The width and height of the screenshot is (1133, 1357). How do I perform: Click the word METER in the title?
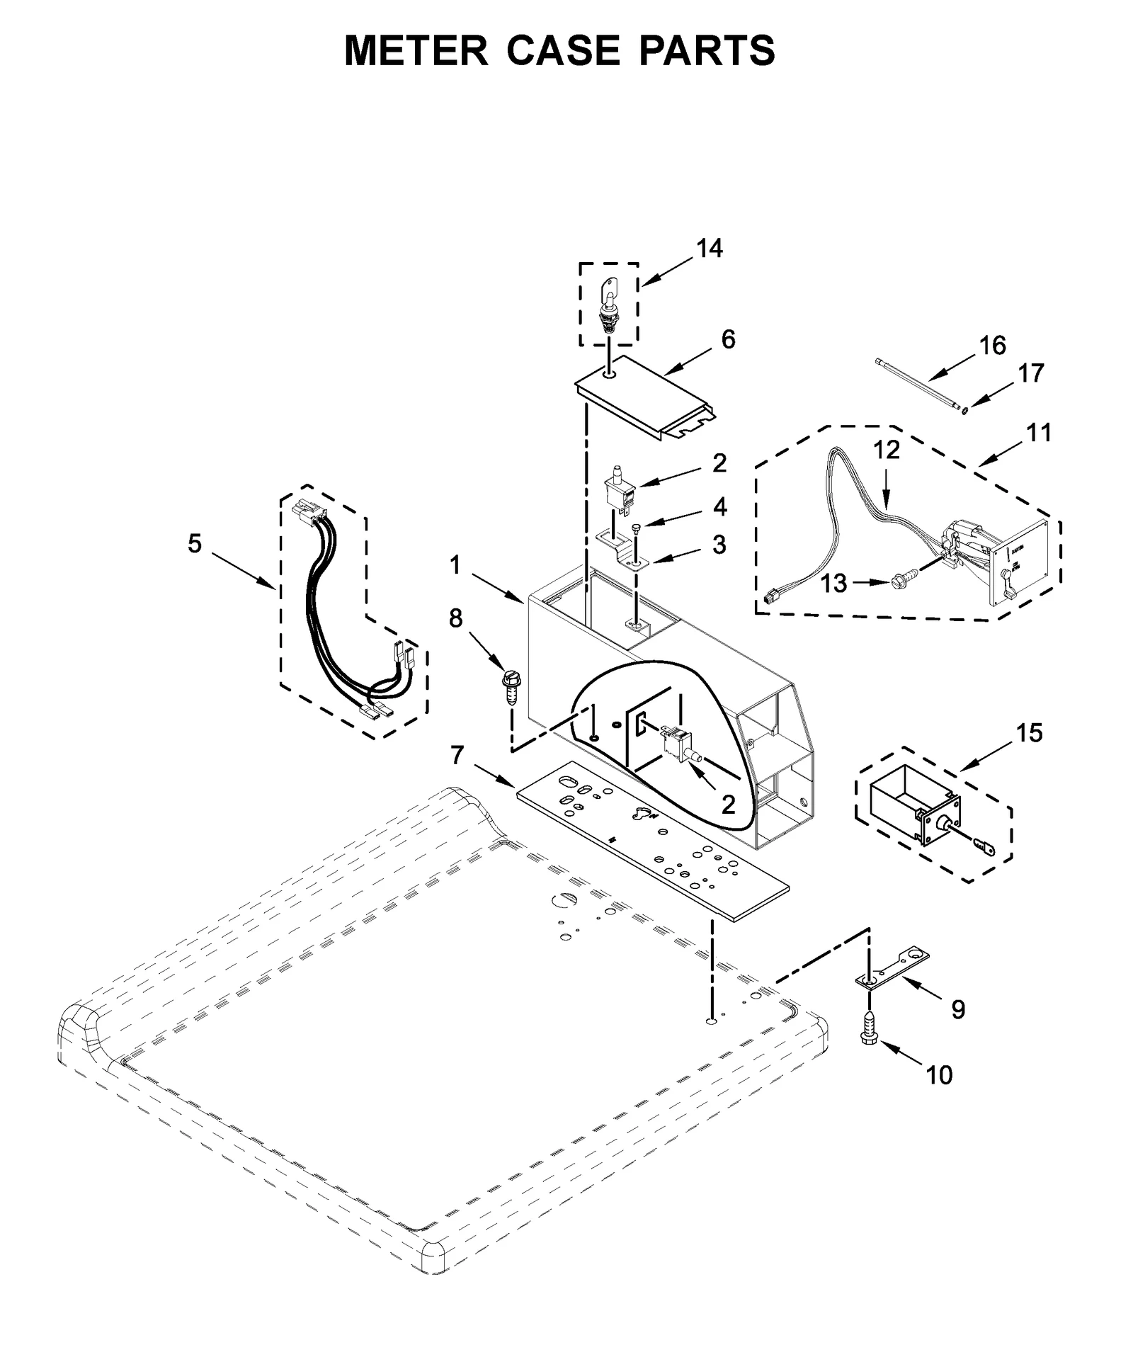416,51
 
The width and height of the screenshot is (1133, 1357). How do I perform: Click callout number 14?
709,249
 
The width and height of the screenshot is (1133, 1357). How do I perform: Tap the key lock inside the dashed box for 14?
608,306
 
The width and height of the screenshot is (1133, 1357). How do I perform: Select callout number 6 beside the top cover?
728,339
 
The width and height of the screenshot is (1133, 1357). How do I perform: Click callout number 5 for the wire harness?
195,544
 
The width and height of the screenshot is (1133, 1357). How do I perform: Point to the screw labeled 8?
511,686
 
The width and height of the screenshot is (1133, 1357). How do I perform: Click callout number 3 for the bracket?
719,545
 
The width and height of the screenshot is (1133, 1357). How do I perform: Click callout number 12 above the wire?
886,450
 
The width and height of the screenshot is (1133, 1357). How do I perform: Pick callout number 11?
1039,432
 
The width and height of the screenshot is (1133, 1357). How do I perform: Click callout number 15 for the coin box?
1030,733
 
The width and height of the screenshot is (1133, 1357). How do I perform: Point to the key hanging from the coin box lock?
982,844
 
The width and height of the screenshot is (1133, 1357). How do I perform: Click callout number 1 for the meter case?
455,565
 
